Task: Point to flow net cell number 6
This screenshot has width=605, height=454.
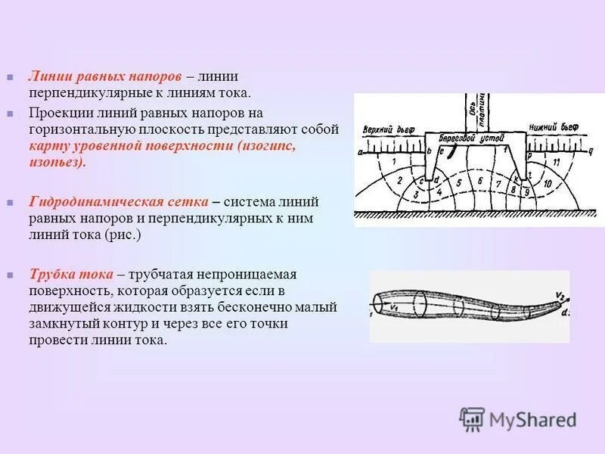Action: point(479,182)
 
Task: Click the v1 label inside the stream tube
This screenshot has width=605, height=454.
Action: point(395,306)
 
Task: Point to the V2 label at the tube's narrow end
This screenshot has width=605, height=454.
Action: point(560,295)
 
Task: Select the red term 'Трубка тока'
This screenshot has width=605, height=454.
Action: point(71,274)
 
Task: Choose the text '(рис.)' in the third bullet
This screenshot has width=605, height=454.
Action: point(125,235)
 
